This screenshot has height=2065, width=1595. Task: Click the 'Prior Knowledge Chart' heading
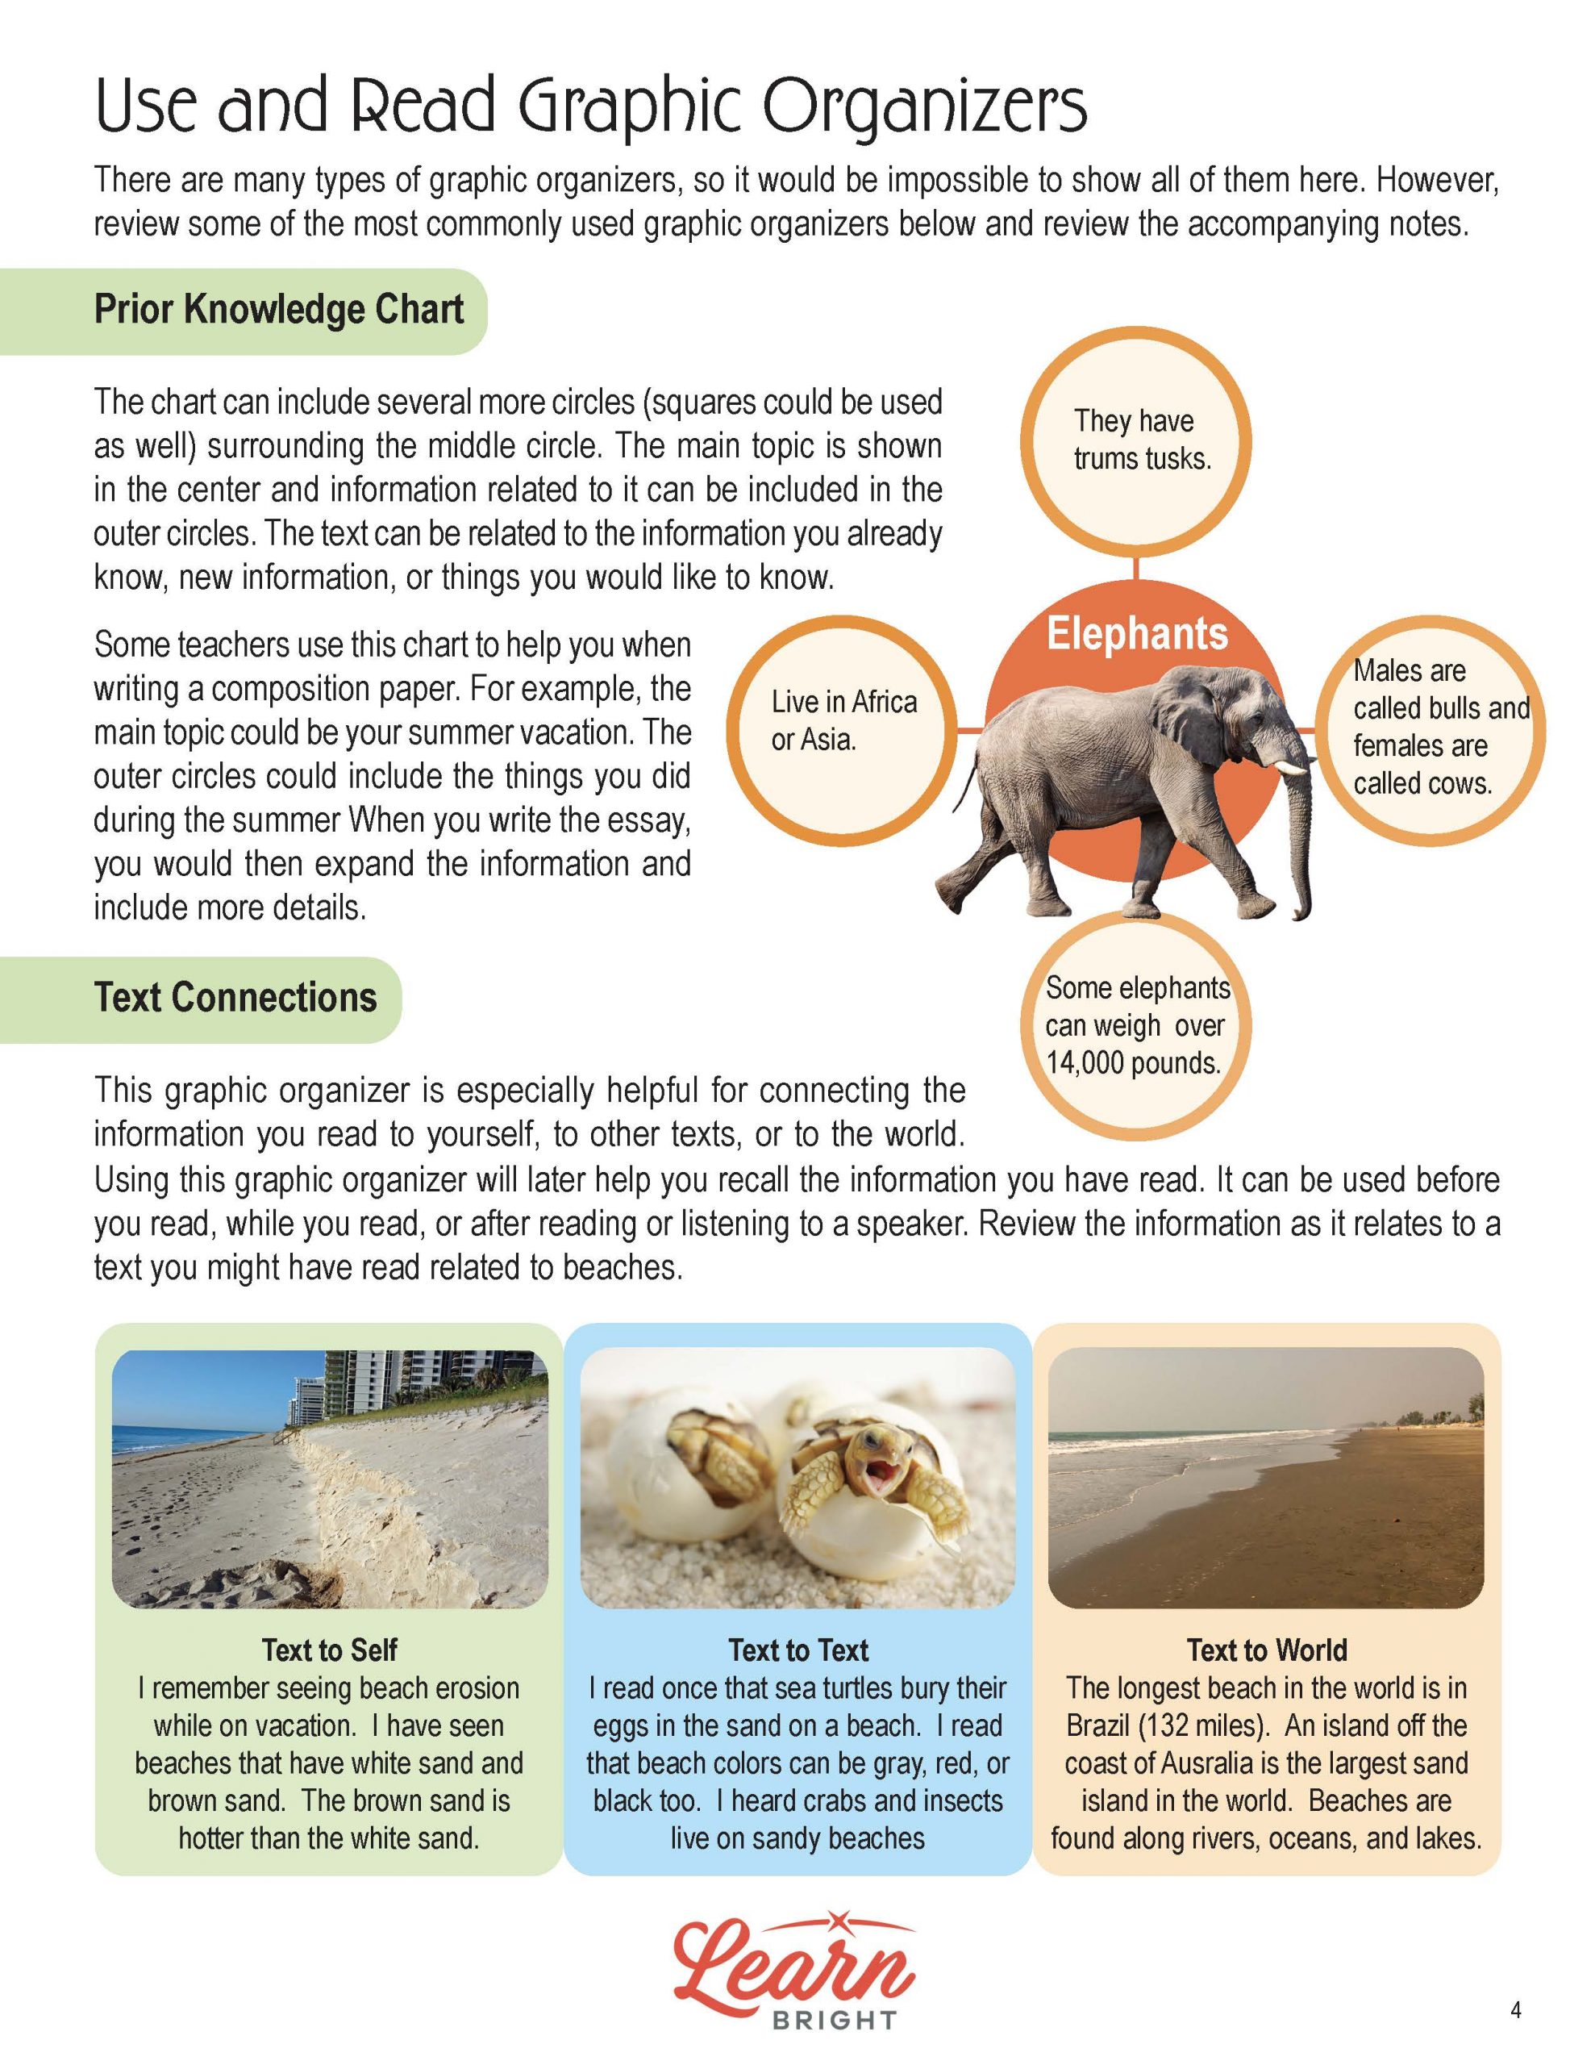pyautogui.click(x=278, y=310)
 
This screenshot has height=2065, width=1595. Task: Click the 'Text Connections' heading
pyautogui.click(x=235, y=999)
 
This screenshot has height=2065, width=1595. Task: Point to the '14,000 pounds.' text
pyautogui.click(x=1134, y=1064)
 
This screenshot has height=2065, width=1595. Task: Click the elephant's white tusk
pyautogui.click(x=1290, y=765)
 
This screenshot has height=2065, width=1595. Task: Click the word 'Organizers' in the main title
pyautogui.click(x=926, y=106)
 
